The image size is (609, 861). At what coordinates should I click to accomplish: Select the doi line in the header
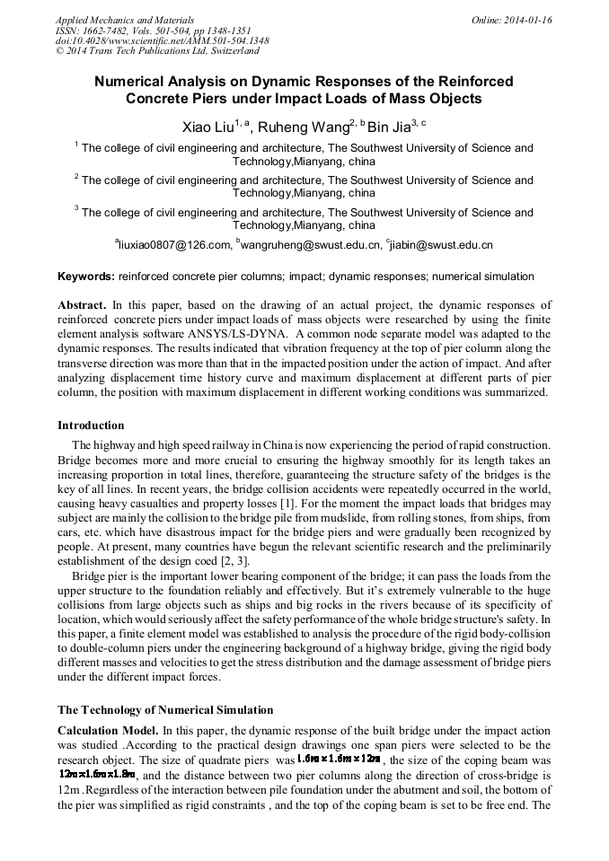tap(162, 41)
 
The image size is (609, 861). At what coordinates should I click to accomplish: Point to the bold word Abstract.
tap(82, 305)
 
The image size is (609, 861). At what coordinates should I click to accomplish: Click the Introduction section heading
tap(91, 426)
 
